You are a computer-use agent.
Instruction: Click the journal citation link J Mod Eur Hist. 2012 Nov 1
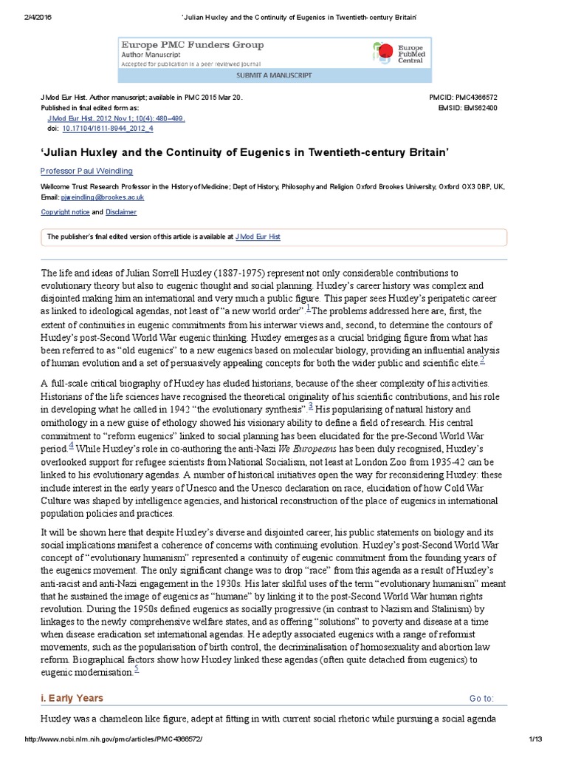pos(116,118)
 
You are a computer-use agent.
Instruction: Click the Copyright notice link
pos(65,212)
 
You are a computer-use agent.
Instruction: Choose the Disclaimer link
pos(120,212)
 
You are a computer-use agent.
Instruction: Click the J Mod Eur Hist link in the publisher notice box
pos(257,237)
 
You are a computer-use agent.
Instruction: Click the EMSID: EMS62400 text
pos(472,107)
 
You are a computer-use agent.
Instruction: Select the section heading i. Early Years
pos(72,698)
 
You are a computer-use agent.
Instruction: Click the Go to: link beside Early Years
pos(481,699)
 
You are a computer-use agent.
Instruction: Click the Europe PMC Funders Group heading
pos(192,45)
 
